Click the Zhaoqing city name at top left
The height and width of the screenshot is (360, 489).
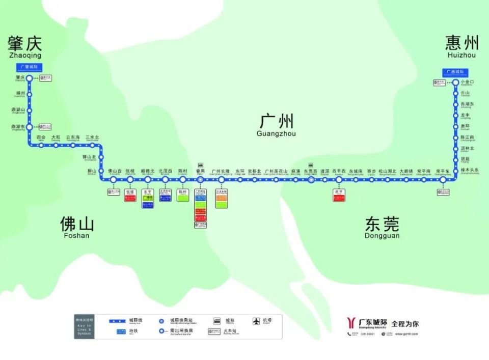[x=24, y=46]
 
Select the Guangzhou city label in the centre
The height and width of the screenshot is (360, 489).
[x=277, y=125]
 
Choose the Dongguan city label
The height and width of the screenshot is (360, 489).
[x=382, y=227]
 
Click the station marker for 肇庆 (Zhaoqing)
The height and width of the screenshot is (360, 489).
[x=30, y=78]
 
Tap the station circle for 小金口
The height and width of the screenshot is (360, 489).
[x=456, y=82]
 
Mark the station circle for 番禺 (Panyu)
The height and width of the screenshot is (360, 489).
[x=200, y=180]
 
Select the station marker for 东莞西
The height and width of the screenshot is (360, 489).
[x=311, y=180]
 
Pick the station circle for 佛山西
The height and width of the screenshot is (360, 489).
[x=113, y=180]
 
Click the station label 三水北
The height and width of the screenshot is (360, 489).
[x=92, y=137]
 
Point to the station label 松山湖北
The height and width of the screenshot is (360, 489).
[x=387, y=171]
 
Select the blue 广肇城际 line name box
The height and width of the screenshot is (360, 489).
[x=30, y=67]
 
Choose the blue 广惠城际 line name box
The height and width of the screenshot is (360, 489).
[x=455, y=72]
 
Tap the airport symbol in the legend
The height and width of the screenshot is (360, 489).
[x=256, y=321]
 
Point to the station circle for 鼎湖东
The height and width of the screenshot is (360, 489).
[x=30, y=127]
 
